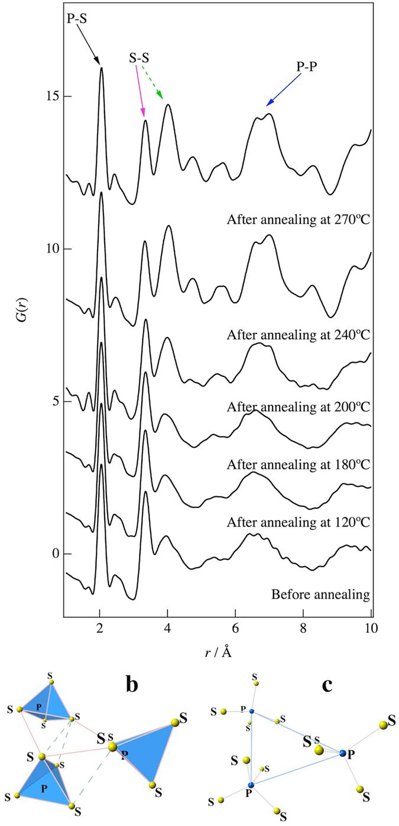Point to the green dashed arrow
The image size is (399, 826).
click(x=152, y=82)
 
